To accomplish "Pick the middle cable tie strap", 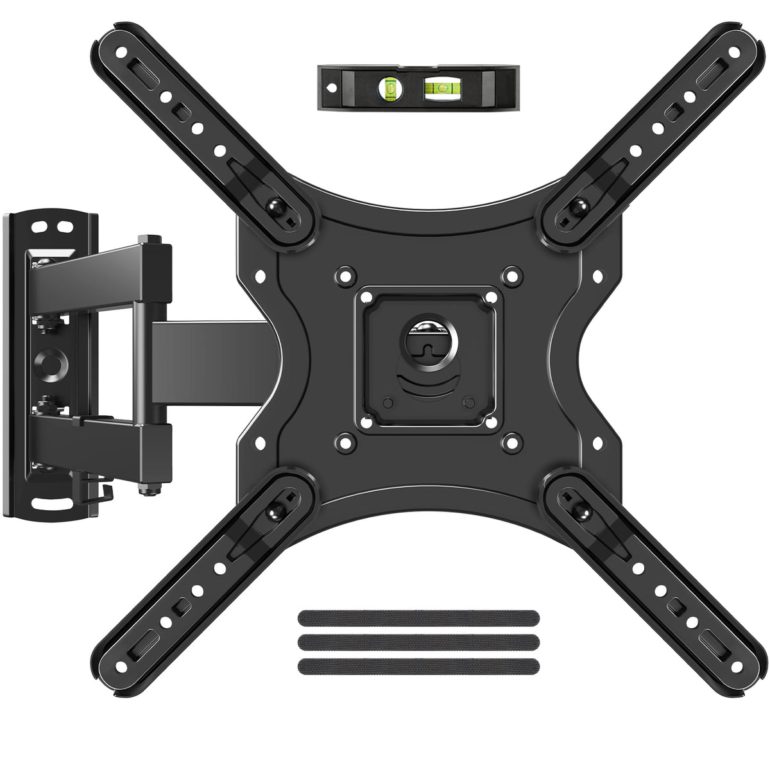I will coord(418,641).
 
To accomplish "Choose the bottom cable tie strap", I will coord(418,665).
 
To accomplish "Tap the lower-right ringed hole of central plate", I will coord(511,441).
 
